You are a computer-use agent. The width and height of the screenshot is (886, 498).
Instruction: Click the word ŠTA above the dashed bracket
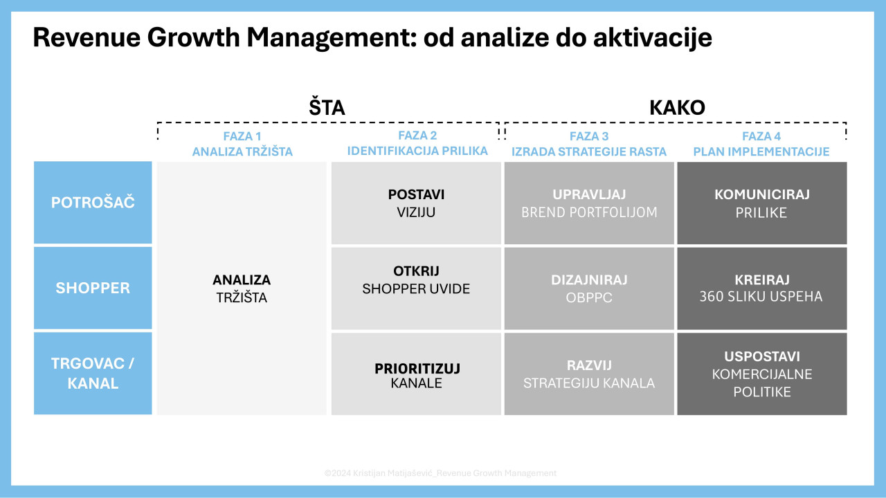[x=327, y=107]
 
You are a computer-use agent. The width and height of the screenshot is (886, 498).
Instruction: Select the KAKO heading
[x=677, y=108]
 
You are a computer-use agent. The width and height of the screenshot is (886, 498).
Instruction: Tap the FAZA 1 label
[x=242, y=136]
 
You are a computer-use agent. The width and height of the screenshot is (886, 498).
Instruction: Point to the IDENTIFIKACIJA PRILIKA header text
[x=417, y=151]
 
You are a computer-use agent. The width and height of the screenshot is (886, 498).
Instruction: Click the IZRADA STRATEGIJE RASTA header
[x=589, y=151]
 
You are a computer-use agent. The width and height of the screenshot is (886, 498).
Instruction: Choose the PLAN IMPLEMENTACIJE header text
[x=761, y=151]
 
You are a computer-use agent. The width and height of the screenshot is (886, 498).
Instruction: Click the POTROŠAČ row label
[x=93, y=202]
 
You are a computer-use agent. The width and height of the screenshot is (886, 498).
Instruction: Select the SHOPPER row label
[x=93, y=288]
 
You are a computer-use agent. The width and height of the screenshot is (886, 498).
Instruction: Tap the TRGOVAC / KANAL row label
[x=93, y=373]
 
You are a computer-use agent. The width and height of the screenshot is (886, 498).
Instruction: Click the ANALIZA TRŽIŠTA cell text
[x=242, y=288]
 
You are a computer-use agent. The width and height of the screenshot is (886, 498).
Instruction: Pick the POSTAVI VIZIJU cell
[x=416, y=203]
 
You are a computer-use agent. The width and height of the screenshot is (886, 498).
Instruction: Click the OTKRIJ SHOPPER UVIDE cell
[x=416, y=288]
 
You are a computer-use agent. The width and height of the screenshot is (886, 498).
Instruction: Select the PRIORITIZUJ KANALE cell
[x=416, y=374]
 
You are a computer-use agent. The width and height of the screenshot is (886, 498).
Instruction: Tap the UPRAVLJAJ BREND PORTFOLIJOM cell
[x=589, y=203]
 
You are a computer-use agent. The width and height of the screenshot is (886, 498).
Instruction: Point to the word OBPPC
[x=589, y=297]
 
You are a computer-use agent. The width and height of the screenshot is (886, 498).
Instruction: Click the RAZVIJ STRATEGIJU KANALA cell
[x=589, y=374]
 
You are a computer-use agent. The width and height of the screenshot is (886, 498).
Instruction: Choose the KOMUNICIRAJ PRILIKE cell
[x=762, y=203]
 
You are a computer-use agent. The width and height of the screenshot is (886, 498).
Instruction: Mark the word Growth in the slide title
[x=193, y=37]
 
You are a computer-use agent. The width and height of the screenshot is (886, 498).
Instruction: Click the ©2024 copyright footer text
[x=440, y=473]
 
